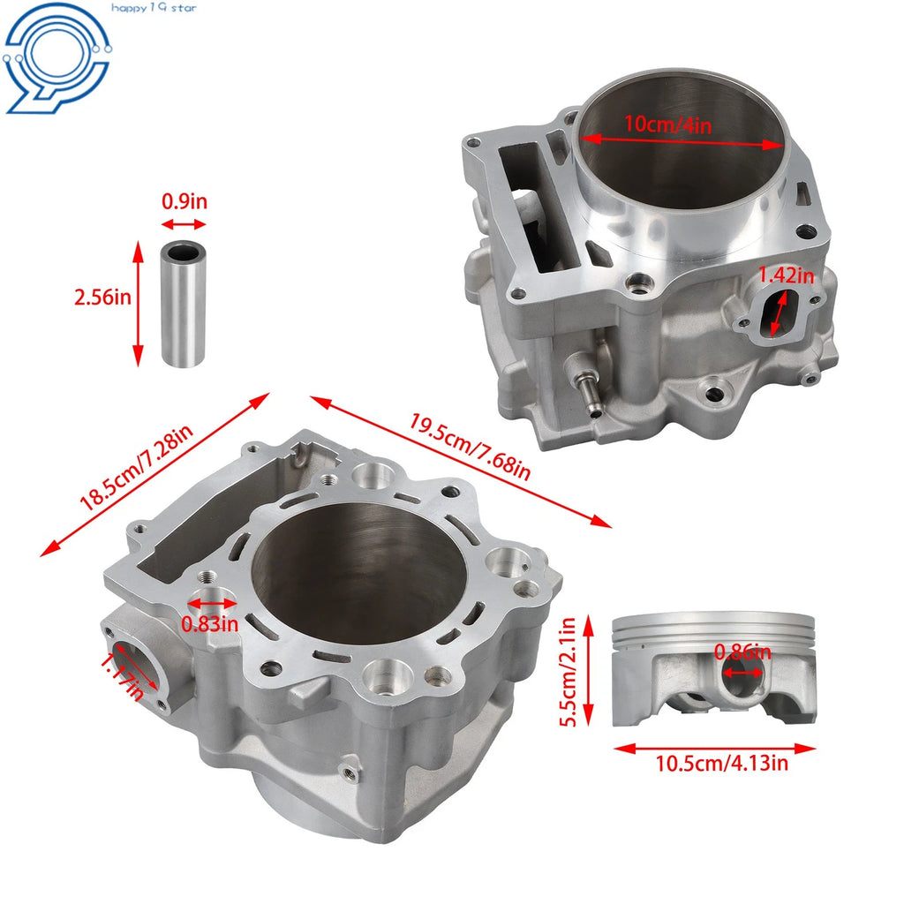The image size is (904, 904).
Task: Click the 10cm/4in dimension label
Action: tap(667, 124)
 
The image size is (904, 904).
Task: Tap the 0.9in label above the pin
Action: tap(184, 201)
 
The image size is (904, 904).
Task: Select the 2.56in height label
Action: tap(102, 297)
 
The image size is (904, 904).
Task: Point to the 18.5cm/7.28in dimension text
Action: tap(136, 468)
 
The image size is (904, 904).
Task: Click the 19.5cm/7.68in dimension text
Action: tap(470, 446)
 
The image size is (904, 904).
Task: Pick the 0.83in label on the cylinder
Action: tap(209, 623)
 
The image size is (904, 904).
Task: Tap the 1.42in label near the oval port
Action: tap(786, 275)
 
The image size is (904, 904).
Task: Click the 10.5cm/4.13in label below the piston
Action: tap(722, 764)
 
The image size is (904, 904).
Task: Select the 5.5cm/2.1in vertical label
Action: tap(568, 672)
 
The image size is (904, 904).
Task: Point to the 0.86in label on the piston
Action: tap(742, 652)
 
